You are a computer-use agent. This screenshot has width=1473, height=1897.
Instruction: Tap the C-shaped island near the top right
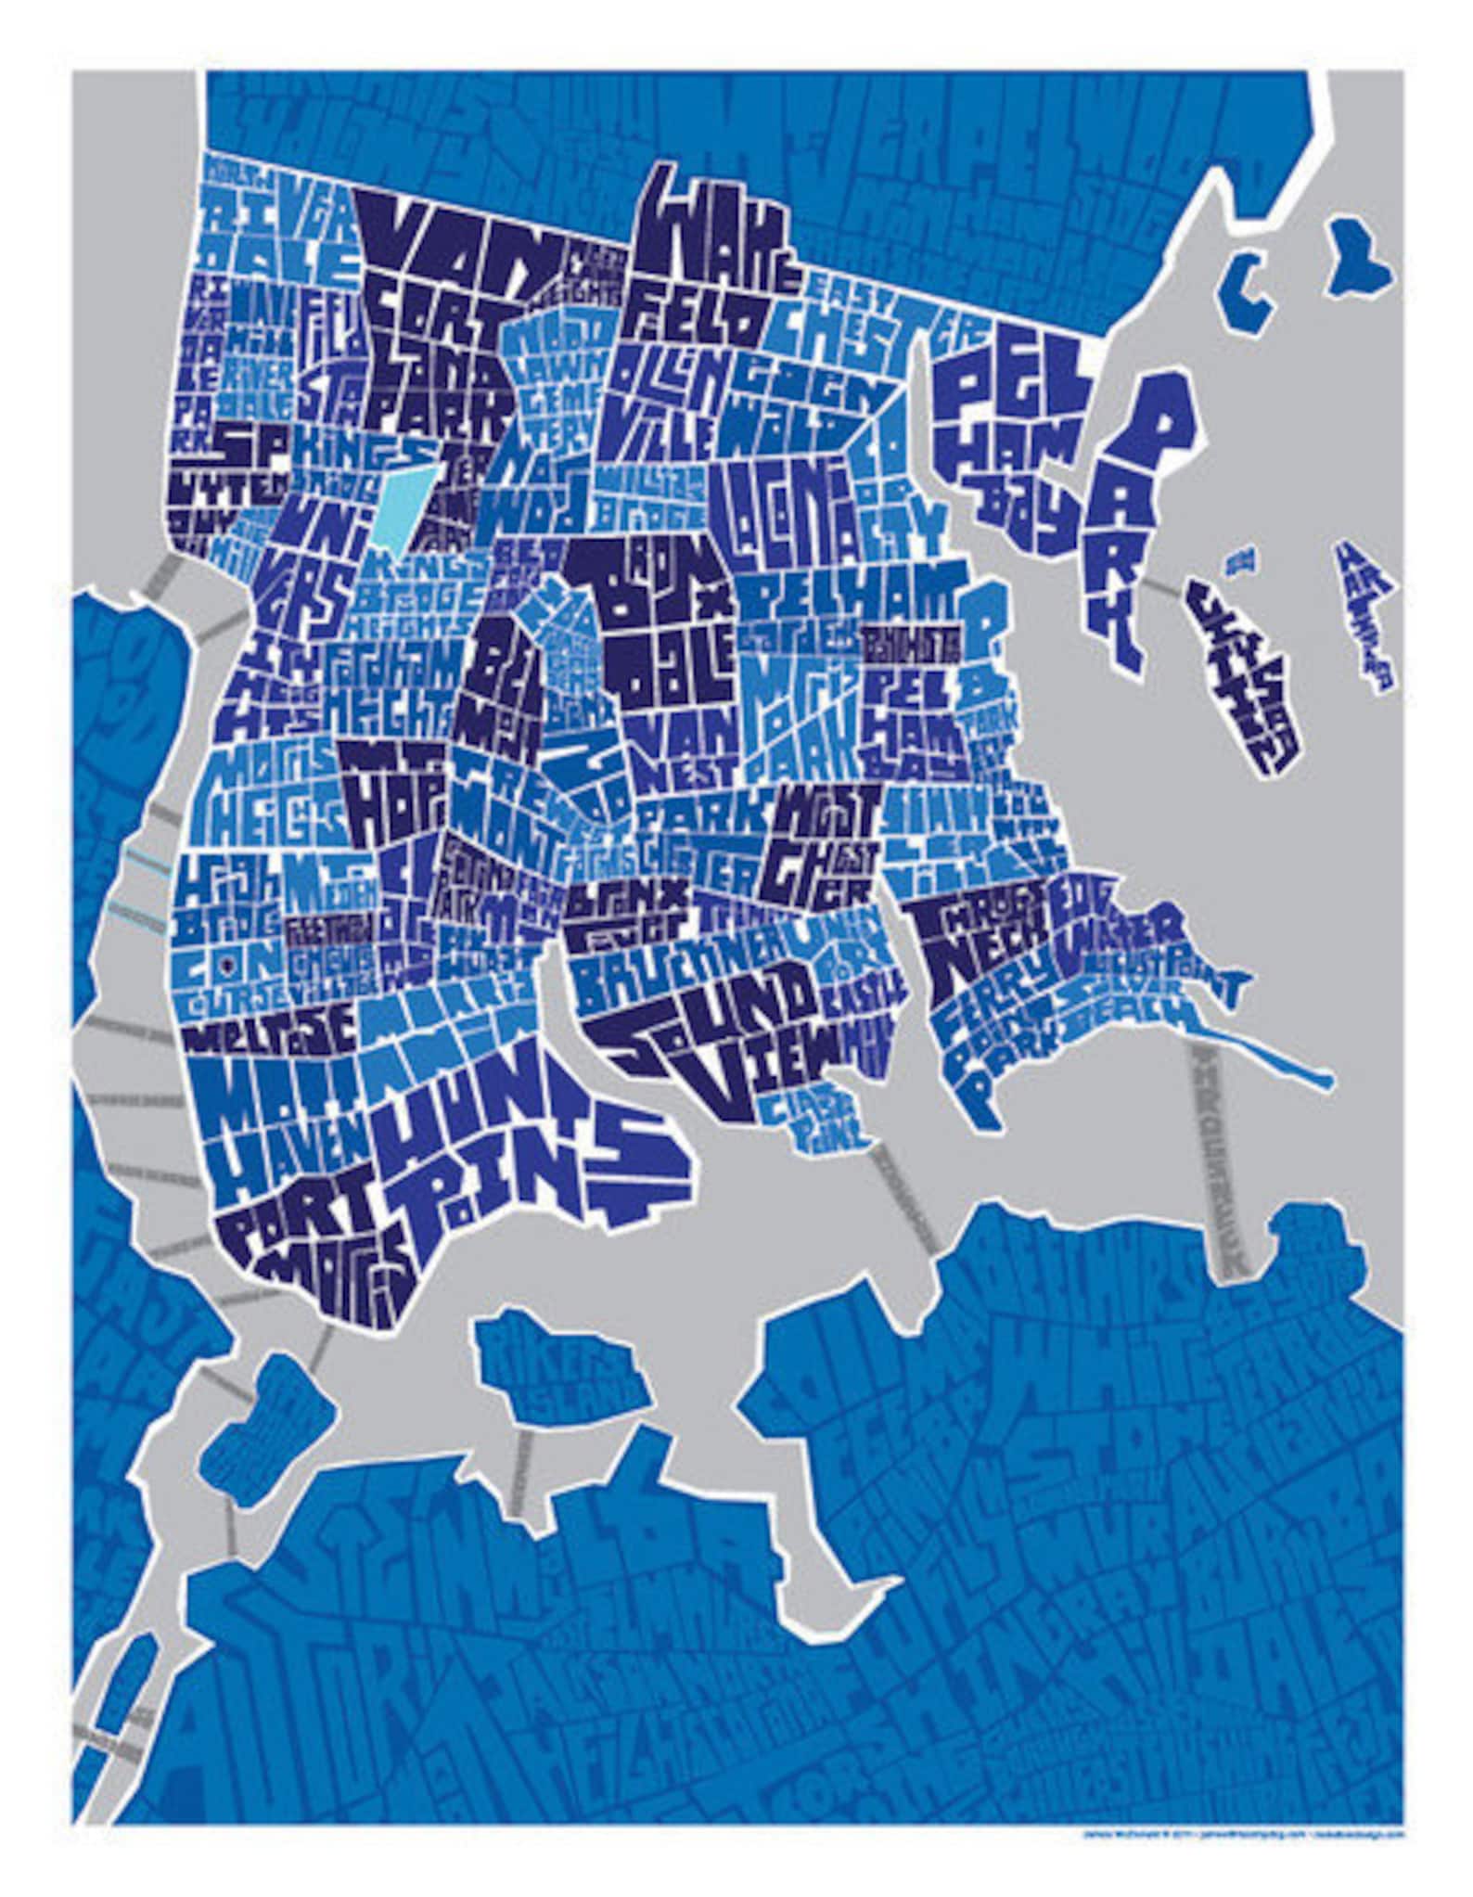[1248, 278]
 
